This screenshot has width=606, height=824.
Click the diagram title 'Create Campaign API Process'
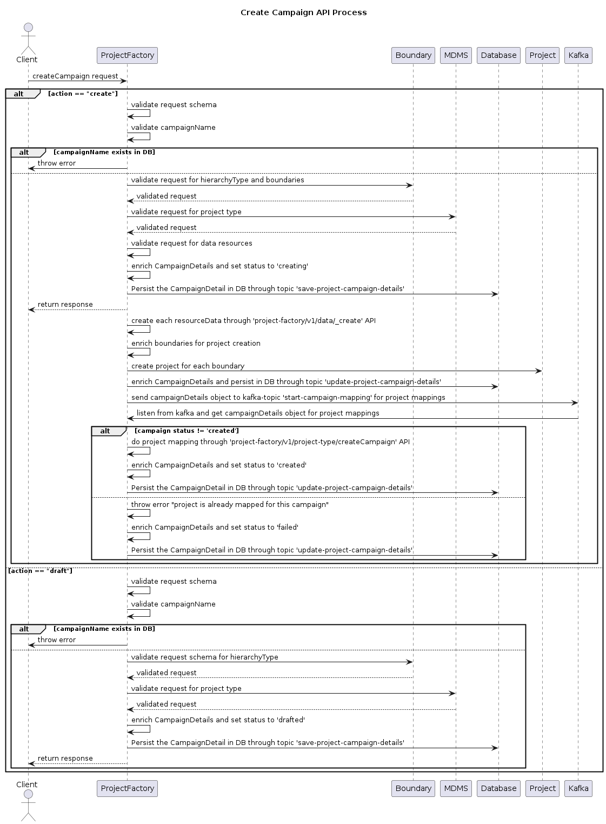tap(303, 12)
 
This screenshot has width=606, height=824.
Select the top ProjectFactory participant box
tap(128, 55)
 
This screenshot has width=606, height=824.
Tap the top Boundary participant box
tap(413, 55)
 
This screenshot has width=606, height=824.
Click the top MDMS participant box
tap(456, 55)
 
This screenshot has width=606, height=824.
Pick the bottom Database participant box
tap(498, 788)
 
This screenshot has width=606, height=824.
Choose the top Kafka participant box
tap(578, 55)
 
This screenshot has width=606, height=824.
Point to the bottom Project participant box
tap(542, 788)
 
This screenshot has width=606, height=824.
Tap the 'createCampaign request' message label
tap(75, 76)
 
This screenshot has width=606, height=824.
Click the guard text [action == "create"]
tap(83, 94)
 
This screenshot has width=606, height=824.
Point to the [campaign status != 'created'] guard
tap(187, 431)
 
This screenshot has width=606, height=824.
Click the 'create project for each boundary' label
tap(188, 366)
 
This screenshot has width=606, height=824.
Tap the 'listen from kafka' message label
tap(258, 413)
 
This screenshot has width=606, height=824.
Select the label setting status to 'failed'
tap(215, 528)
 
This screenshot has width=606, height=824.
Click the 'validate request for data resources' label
tap(191, 243)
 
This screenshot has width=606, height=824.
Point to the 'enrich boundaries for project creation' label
tap(196, 344)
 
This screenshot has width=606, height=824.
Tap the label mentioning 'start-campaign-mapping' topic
tap(288, 398)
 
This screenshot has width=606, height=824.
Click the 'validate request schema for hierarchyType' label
tap(204, 657)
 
